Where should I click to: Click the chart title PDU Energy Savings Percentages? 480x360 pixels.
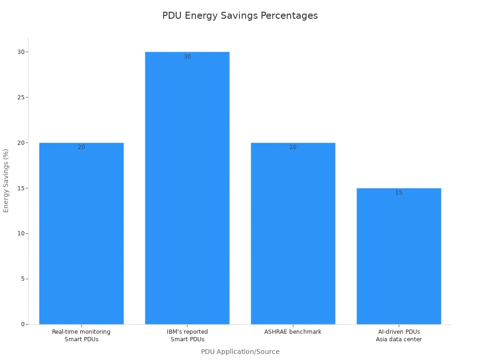tap(240, 15)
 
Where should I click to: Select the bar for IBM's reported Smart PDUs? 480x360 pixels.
tap(187, 187)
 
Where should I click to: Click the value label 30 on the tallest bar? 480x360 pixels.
tap(187, 57)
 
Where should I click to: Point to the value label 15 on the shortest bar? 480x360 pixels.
tap(398, 193)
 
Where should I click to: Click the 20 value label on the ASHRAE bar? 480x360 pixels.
tap(293, 147)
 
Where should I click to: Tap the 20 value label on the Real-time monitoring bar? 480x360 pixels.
tap(81, 147)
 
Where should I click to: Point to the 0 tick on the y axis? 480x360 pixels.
tap(22, 324)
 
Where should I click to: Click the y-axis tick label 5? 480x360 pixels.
tap(22, 279)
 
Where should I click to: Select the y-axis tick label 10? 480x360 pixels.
tap(21, 233)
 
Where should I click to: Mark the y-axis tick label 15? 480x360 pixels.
tap(21, 188)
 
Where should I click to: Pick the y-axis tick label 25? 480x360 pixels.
tap(21, 97)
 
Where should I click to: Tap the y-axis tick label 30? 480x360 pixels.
tap(21, 52)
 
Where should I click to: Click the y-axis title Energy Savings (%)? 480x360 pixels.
tap(6, 180)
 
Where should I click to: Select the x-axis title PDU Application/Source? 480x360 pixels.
tap(240, 352)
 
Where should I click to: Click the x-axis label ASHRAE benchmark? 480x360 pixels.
tap(293, 332)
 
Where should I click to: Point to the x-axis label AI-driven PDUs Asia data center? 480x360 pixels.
tap(398, 336)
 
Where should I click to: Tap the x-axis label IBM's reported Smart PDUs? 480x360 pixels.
tap(187, 336)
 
